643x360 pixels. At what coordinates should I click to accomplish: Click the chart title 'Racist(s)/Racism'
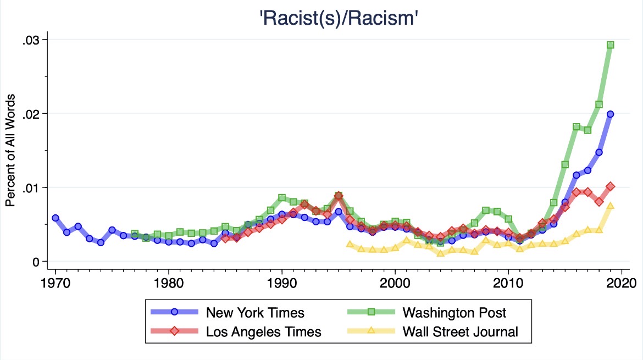(339, 19)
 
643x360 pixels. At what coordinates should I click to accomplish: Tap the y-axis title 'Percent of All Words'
(10, 150)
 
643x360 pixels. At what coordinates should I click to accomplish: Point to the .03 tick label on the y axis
(31, 40)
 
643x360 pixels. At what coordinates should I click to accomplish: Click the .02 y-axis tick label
(31, 114)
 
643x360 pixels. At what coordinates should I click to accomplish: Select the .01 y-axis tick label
(31, 188)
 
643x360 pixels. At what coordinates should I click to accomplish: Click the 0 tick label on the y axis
(36, 262)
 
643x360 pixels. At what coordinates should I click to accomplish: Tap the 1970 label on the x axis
(56, 283)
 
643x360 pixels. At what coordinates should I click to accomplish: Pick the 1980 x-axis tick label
(169, 283)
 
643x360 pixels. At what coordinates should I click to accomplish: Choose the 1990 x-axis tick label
(282, 283)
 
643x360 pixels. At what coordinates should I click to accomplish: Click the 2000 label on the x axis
(395, 283)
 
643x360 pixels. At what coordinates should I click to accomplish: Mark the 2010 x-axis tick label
(508, 283)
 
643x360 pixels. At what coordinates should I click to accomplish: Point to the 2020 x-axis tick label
(621, 283)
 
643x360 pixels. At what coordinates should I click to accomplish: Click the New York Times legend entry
(228, 312)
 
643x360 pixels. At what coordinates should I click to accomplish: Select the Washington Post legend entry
(426, 312)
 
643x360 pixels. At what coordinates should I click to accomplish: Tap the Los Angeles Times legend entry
(236, 331)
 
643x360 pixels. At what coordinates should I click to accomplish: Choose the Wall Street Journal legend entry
(433, 331)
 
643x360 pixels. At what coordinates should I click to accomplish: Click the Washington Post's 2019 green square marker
(610, 45)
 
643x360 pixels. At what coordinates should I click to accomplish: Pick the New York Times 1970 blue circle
(56, 218)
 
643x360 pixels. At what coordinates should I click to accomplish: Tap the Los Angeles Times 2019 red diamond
(610, 186)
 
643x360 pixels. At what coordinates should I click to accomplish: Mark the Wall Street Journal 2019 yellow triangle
(610, 206)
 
